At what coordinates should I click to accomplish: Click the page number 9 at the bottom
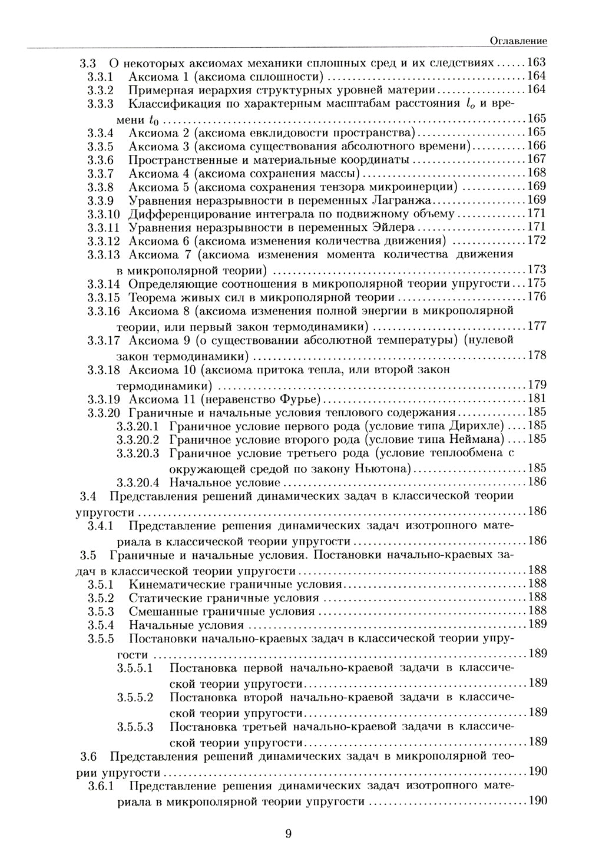(288, 833)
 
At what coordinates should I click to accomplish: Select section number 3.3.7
(100, 173)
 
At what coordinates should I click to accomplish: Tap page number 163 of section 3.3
(537, 62)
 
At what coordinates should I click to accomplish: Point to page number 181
(537, 398)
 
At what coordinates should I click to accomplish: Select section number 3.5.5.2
(135, 697)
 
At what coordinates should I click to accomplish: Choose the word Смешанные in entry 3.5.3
(157, 611)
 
